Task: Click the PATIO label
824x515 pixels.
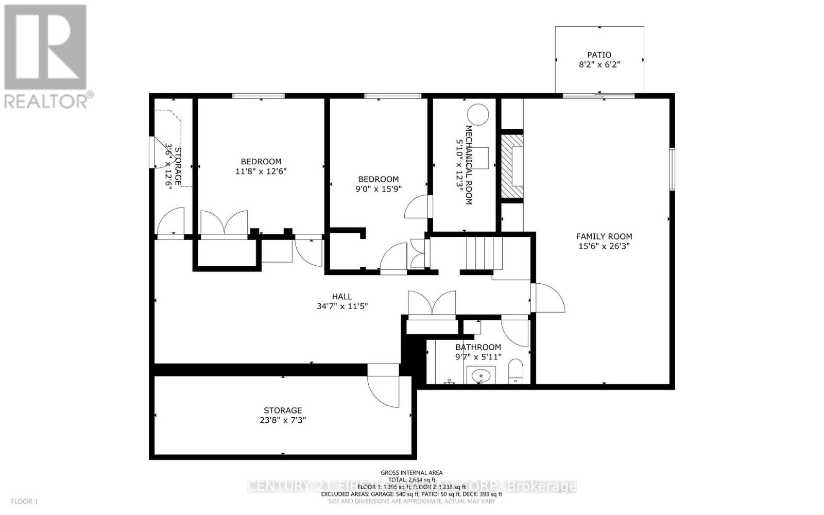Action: coord(599,55)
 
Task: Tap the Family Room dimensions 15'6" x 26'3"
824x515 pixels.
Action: coord(604,246)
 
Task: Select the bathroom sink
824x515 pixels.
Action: coord(481,376)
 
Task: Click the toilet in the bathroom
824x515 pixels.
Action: coord(516,372)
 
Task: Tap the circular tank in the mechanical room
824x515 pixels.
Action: coord(477,114)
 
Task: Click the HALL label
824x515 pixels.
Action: coord(342,297)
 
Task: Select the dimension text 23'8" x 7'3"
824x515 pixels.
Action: coord(283,420)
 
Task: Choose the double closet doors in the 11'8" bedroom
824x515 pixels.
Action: coord(224,222)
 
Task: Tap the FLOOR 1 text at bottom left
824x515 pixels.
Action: coord(25,501)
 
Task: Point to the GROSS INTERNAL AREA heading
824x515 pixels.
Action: coord(411,472)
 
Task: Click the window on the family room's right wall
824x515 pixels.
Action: coord(672,169)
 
